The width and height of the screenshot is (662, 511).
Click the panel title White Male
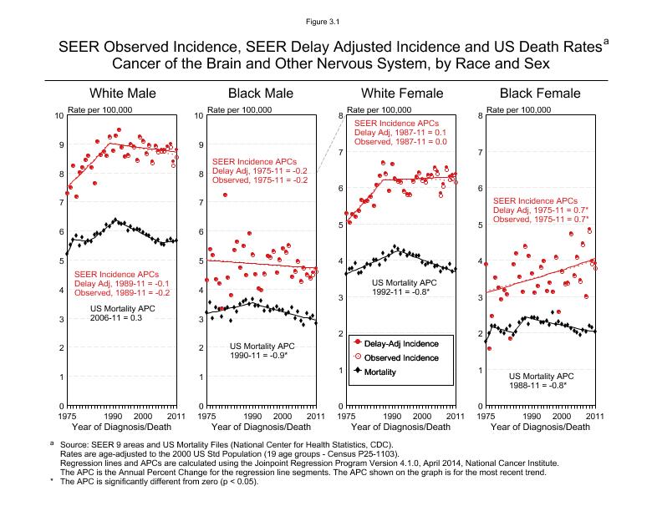pyautogui.click(x=122, y=93)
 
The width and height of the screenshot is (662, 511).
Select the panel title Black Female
pyautogui.click(x=540, y=93)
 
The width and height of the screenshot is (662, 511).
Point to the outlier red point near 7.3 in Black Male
pyautogui.click(x=225, y=195)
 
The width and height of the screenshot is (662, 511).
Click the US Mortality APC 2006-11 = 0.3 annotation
pyautogui.click(x=123, y=313)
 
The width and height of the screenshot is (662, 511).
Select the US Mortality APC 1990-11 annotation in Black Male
pyautogui.click(x=262, y=351)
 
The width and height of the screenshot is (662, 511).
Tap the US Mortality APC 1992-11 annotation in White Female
pyautogui.click(x=401, y=287)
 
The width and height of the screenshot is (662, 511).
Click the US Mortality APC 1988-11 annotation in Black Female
pyautogui.click(x=540, y=381)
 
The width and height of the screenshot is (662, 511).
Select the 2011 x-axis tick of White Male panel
pyautogui.click(x=175, y=415)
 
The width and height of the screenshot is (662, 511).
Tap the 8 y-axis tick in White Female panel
pyautogui.click(x=339, y=115)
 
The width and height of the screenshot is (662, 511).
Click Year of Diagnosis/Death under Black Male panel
pyautogui.click(x=260, y=428)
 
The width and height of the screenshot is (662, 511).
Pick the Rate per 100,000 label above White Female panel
pyautogui.click(x=379, y=109)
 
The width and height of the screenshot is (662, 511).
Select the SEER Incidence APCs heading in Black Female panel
pyautogui.click(x=535, y=200)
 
